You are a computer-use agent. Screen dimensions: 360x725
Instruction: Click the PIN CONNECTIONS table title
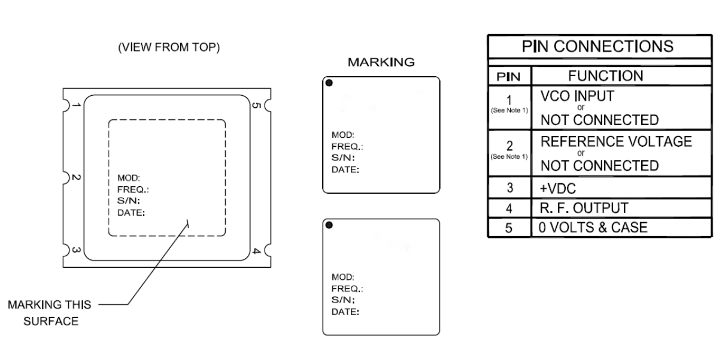click(x=599, y=46)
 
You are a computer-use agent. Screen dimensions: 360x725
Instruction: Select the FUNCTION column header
click(x=605, y=75)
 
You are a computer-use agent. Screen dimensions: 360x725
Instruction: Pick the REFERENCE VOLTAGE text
click(x=616, y=142)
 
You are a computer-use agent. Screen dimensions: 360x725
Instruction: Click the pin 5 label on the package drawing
click(x=255, y=106)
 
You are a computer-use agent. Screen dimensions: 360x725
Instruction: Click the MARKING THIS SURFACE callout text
click(x=50, y=313)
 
